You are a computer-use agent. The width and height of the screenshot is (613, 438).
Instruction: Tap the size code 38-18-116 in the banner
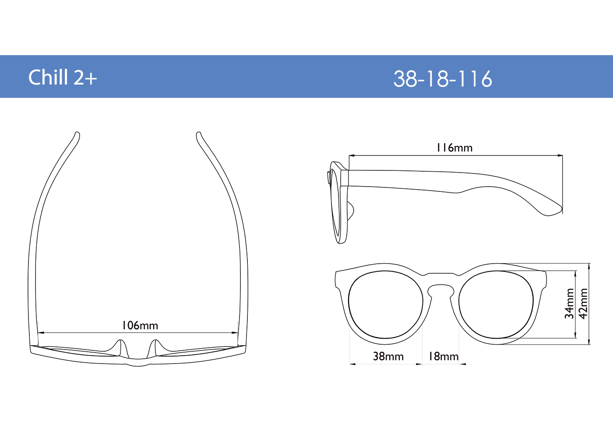click(x=443, y=79)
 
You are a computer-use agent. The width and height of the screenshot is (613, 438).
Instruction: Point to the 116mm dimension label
click(x=454, y=148)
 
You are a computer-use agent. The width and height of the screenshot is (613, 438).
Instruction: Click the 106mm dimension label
click(x=140, y=325)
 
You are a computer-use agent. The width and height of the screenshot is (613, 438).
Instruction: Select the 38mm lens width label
click(x=388, y=357)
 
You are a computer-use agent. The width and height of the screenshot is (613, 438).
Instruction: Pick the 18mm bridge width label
click(x=443, y=357)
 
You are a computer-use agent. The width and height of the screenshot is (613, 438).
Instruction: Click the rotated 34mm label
click(x=570, y=303)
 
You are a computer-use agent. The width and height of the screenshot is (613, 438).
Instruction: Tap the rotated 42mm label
click(x=584, y=303)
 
